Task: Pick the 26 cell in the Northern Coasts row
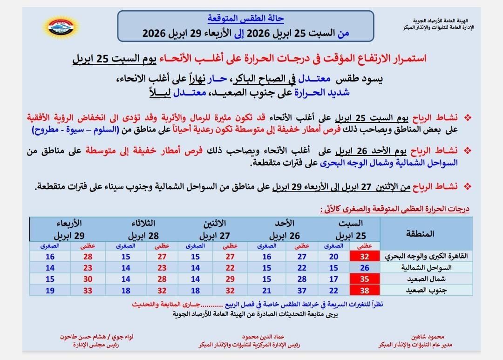(x=365, y=267)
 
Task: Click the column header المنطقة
(x=424, y=233)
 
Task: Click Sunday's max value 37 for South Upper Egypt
(x=302, y=290)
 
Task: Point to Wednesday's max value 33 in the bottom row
(x=88, y=290)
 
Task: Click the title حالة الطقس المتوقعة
(x=245, y=19)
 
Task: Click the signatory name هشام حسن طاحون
(x=84, y=336)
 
